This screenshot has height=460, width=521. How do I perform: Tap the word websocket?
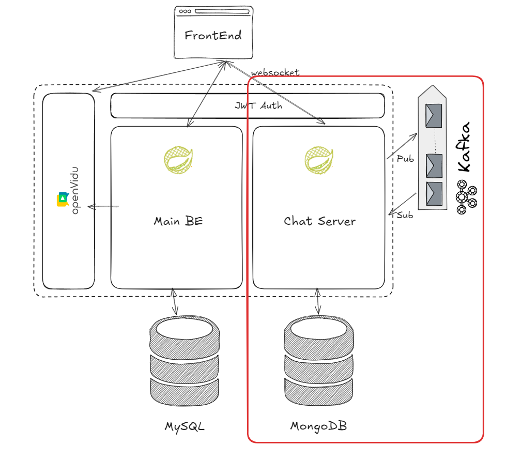coord(275,72)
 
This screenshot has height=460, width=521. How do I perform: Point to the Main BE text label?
coord(178,221)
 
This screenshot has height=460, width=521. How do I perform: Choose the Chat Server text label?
coord(319,221)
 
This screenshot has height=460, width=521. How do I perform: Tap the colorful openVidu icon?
coord(63,200)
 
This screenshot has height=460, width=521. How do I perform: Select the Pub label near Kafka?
coord(405,159)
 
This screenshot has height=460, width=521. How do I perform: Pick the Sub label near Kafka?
coord(405,216)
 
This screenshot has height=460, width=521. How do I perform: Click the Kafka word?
coord(465,147)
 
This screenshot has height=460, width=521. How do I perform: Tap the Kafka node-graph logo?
coord(466,197)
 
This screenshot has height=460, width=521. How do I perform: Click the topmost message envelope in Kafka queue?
coord(433,115)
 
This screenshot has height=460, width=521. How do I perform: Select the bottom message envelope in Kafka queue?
coord(433,193)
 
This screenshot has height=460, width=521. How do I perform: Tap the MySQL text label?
coord(185,427)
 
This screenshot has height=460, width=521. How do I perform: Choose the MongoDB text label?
coord(318,427)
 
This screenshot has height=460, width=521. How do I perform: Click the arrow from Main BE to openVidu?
coord(103,207)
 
